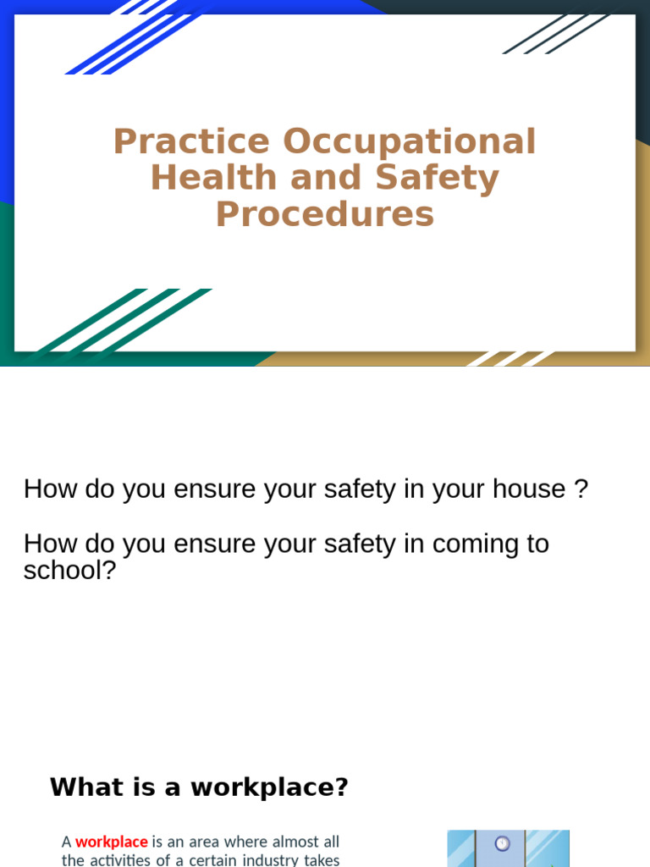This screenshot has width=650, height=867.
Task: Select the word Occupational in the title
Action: pyautogui.click(x=410, y=142)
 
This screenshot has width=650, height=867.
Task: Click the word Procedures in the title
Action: pyautogui.click(x=325, y=215)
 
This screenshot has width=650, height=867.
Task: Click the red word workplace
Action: pyautogui.click(x=112, y=842)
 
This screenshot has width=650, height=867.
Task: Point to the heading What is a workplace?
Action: pyautogui.click(x=199, y=787)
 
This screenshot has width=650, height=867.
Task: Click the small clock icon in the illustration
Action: pyautogui.click(x=502, y=843)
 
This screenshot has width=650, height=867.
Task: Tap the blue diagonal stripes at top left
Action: pyautogui.click(x=135, y=38)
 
